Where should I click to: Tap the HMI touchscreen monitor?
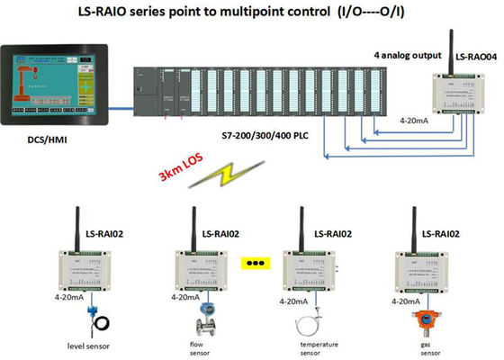pyautogui.click(x=57, y=82)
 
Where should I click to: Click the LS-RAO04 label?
pyautogui.click(x=473, y=56)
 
